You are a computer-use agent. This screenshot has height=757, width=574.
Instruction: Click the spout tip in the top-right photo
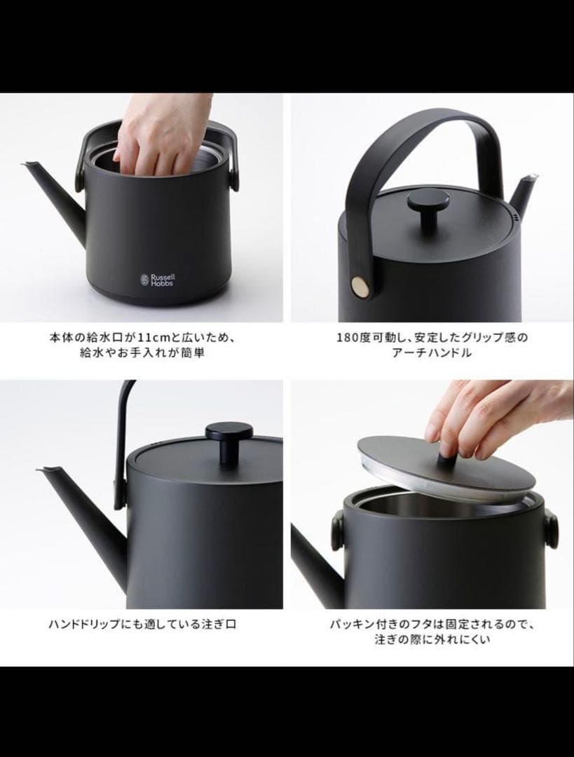coord(535,177)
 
